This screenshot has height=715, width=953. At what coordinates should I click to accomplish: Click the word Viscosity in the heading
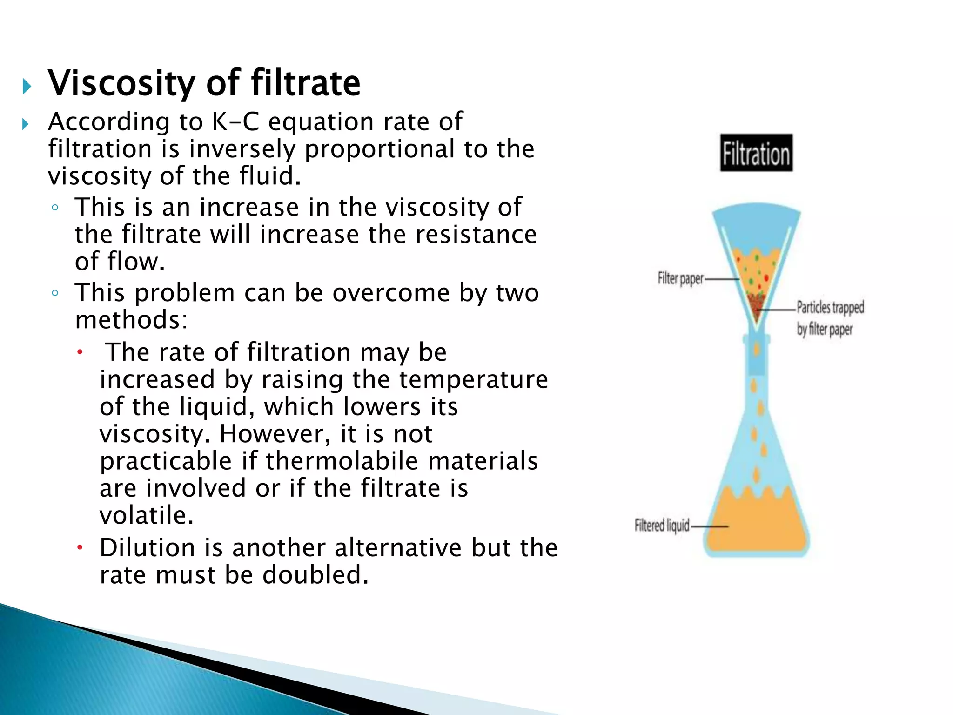(121, 84)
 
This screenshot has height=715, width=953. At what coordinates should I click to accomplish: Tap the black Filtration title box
(756, 153)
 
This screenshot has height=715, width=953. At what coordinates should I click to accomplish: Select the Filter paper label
(680, 279)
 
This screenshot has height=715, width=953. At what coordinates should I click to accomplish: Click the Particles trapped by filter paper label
(830, 318)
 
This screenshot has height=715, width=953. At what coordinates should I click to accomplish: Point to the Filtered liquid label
(661, 526)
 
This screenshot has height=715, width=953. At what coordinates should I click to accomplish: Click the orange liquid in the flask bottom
(757, 526)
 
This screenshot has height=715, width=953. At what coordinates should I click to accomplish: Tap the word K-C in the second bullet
(235, 122)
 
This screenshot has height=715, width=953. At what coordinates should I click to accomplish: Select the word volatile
(146, 516)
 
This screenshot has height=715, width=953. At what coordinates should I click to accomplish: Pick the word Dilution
(147, 548)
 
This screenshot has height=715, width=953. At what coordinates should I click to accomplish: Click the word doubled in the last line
(315, 575)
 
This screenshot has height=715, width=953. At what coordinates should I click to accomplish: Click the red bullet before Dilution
(80, 548)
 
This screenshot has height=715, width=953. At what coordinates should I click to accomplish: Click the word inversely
(242, 149)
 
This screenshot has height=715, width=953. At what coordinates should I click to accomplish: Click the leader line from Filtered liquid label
(709, 526)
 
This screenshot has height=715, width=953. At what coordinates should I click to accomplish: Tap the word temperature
(473, 380)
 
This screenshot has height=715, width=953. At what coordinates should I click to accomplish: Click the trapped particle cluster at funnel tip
(756, 303)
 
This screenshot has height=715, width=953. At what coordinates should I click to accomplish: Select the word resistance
(476, 235)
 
